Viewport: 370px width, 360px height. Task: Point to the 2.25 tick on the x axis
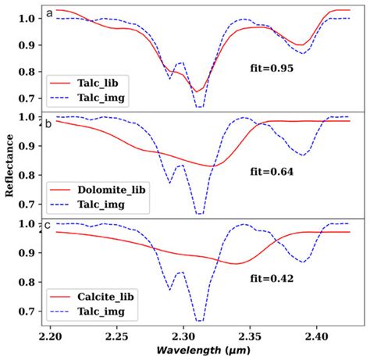pyautogui.click(x=116, y=334)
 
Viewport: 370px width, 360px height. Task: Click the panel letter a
pyautogui.click(x=49, y=13)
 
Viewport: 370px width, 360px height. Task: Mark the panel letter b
pyautogui.click(x=49, y=119)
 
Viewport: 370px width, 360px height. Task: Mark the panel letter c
pyautogui.click(x=49, y=226)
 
